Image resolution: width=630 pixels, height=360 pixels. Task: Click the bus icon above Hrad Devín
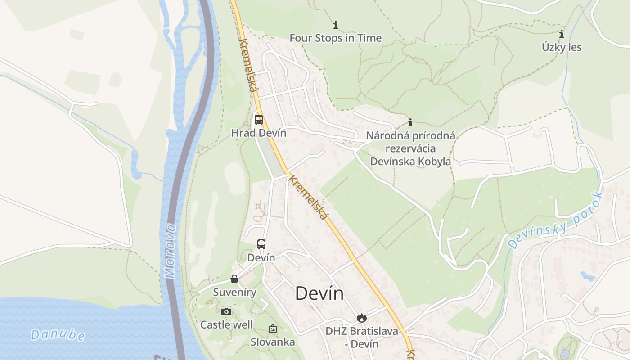(259, 120)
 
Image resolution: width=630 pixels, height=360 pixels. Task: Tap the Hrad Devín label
(259, 133)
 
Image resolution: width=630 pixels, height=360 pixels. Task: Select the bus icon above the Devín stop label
(261, 244)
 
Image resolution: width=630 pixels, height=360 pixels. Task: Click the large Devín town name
(319, 294)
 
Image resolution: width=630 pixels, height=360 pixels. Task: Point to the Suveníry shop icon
(234, 279)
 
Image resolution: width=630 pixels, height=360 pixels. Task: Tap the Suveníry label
(234, 292)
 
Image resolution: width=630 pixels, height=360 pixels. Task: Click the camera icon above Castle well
(226, 311)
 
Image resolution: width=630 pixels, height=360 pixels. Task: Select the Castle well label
(226, 324)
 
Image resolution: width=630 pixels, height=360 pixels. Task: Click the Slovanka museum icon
(273, 329)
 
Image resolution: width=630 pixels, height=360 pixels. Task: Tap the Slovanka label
(273, 342)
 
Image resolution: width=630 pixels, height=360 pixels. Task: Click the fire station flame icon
(361, 318)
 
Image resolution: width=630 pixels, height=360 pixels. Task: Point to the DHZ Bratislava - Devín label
(362, 337)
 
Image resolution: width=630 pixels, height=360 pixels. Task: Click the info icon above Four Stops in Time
(336, 25)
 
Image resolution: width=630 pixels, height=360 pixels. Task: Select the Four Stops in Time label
(336, 38)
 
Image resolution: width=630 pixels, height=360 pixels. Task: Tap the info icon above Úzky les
(562, 34)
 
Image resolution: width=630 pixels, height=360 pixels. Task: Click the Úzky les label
(562, 47)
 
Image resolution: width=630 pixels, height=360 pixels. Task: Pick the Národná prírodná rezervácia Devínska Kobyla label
(410, 148)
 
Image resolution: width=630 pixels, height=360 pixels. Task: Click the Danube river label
(58, 335)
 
